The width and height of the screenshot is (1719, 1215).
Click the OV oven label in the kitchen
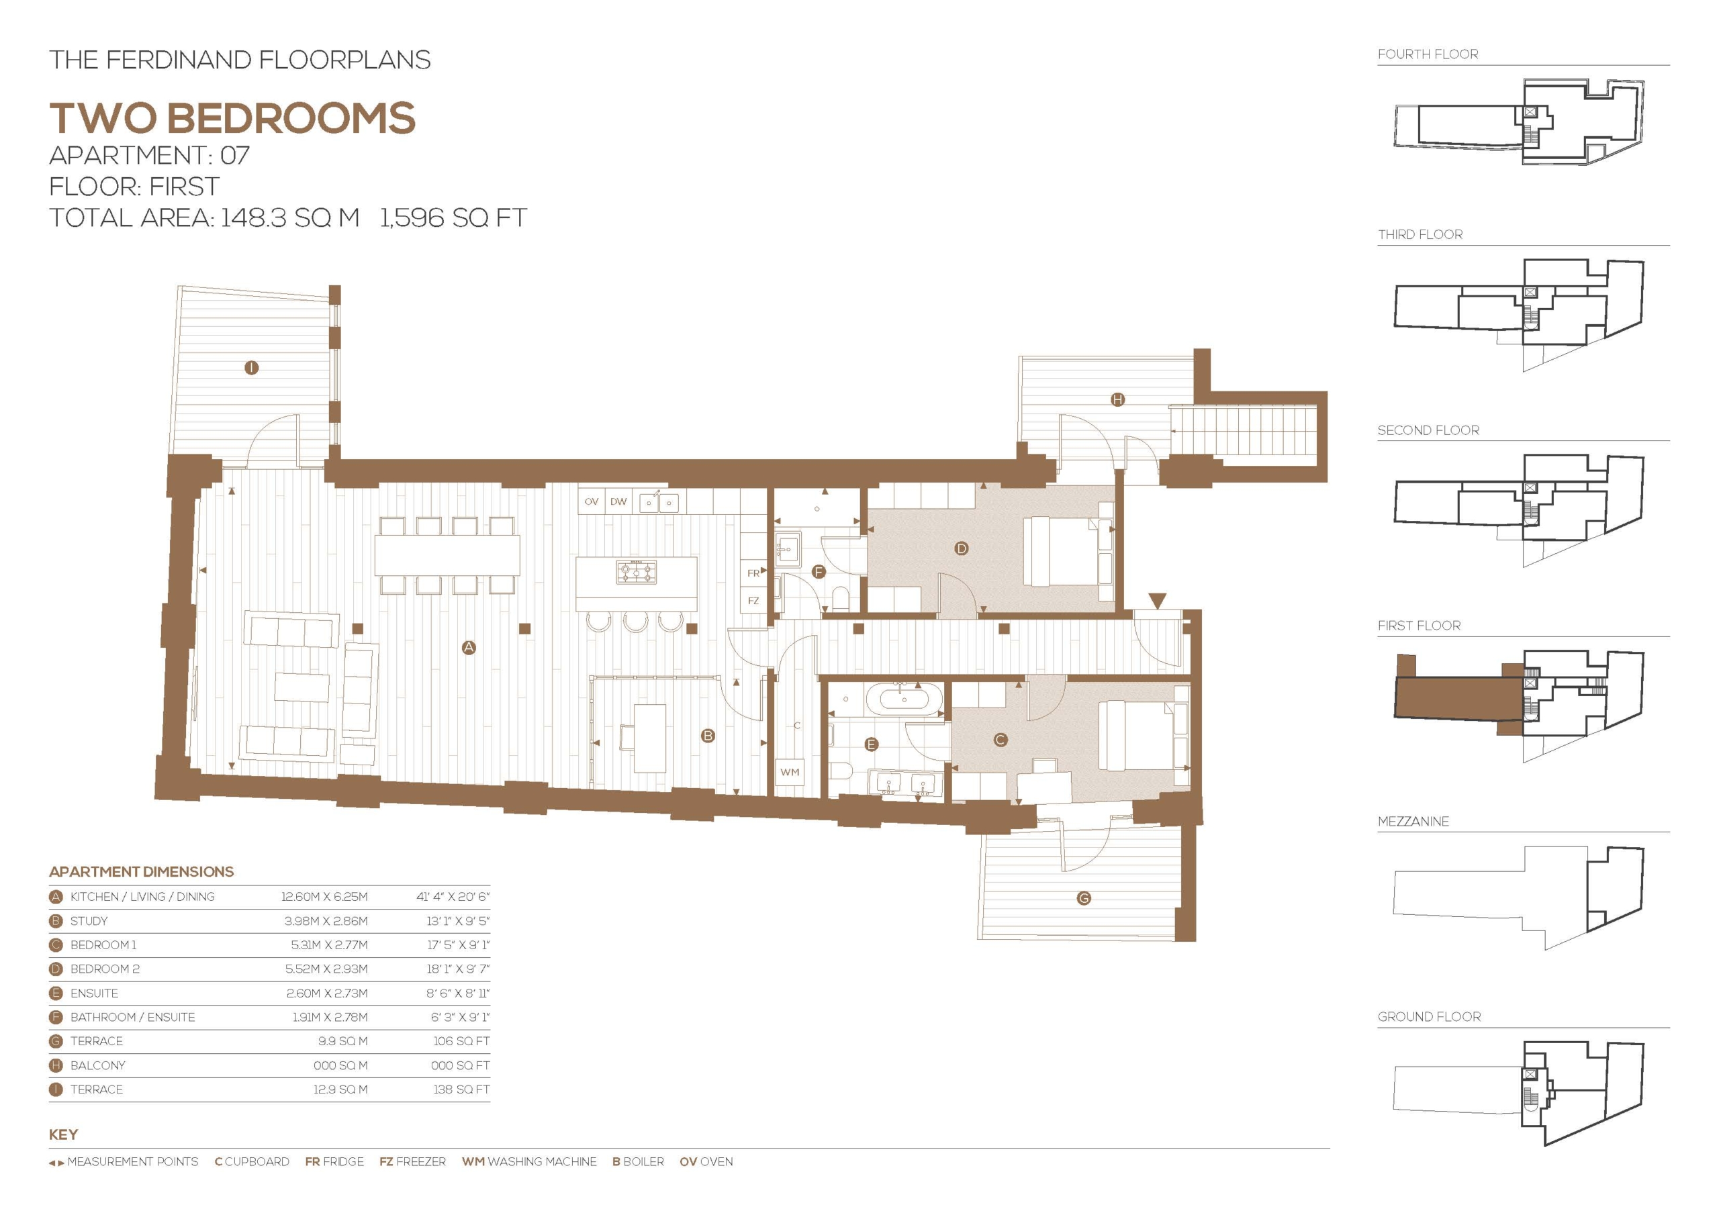coord(592,501)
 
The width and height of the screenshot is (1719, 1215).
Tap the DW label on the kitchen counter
coord(618,501)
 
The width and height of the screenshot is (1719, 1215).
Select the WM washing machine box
coord(790,772)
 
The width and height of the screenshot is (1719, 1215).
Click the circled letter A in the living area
coord(469,648)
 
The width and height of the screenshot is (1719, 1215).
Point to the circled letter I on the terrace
coord(252,368)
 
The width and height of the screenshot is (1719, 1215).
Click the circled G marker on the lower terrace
coord(1083,897)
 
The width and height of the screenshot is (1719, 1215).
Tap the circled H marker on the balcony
coord(1117,400)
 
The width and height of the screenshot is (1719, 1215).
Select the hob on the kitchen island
coord(637,572)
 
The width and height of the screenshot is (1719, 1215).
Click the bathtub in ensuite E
coord(904,699)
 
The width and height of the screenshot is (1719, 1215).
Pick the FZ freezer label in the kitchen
coord(753,600)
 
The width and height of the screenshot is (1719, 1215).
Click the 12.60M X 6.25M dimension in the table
coord(324,897)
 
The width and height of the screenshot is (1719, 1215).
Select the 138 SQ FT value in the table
coord(461,1089)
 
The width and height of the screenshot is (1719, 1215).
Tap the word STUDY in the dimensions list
coord(89,921)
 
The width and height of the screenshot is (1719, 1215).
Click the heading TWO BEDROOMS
coord(232,118)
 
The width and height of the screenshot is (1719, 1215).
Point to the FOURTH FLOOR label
coord(1428,54)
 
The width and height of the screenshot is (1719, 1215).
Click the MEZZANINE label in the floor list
coord(1413,821)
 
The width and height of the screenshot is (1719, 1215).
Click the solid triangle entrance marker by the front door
coord(1158,600)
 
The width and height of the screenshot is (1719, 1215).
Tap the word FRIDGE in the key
coord(343,1162)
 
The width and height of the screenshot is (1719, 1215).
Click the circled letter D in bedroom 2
coord(962,548)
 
